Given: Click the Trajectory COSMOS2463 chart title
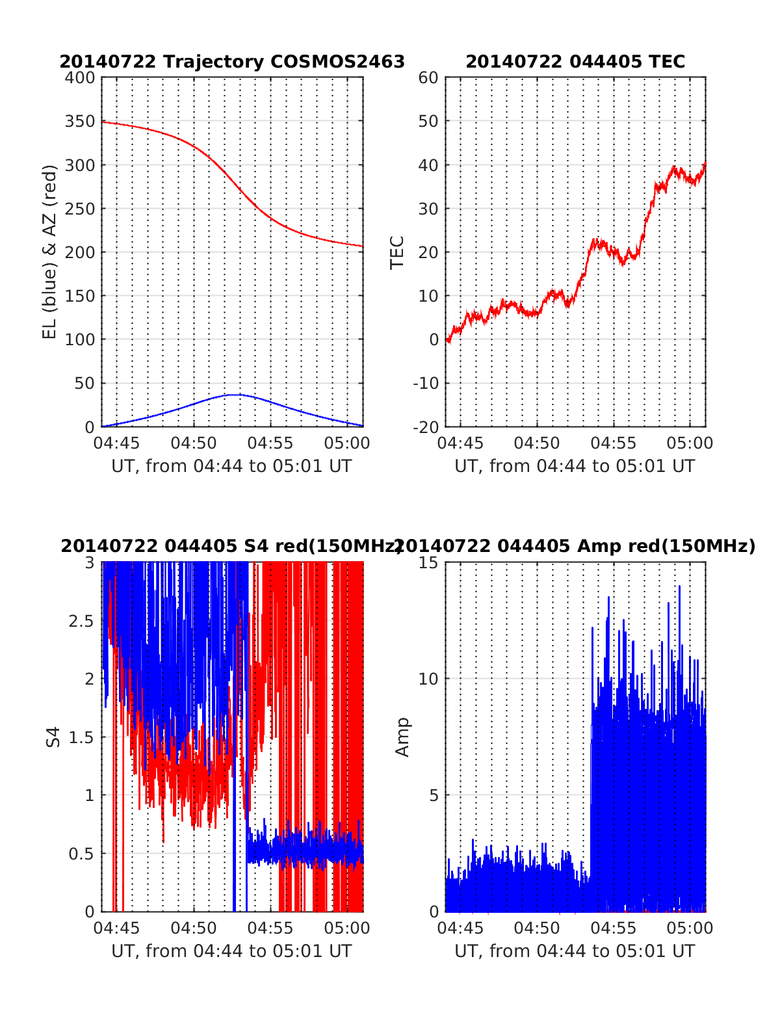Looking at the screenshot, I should click(x=232, y=62).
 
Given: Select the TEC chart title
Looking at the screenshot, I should click(x=575, y=62).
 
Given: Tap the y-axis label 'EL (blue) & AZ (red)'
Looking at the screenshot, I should click(x=50, y=252).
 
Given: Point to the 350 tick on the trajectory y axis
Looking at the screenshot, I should click(x=80, y=122).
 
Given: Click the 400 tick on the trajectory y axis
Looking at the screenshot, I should click(x=80, y=78).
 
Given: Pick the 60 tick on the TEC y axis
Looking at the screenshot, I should click(x=429, y=78).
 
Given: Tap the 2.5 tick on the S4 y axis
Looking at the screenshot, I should click(x=82, y=621).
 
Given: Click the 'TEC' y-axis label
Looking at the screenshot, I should click(x=397, y=252).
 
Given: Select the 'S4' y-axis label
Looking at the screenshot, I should click(x=53, y=737).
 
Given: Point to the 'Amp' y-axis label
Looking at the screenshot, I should click(x=403, y=737).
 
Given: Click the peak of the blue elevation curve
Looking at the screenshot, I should click(x=237, y=394).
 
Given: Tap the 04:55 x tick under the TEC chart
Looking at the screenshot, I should click(x=614, y=443).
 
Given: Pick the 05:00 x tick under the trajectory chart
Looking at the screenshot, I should click(x=347, y=443).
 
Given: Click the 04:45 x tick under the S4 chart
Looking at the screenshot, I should click(x=117, y=928).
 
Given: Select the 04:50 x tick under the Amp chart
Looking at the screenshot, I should click(x=537, y=928).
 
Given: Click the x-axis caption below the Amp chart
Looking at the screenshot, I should click(x=575, y=951).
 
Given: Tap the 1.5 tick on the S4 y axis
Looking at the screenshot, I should click(x=82, y=737).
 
